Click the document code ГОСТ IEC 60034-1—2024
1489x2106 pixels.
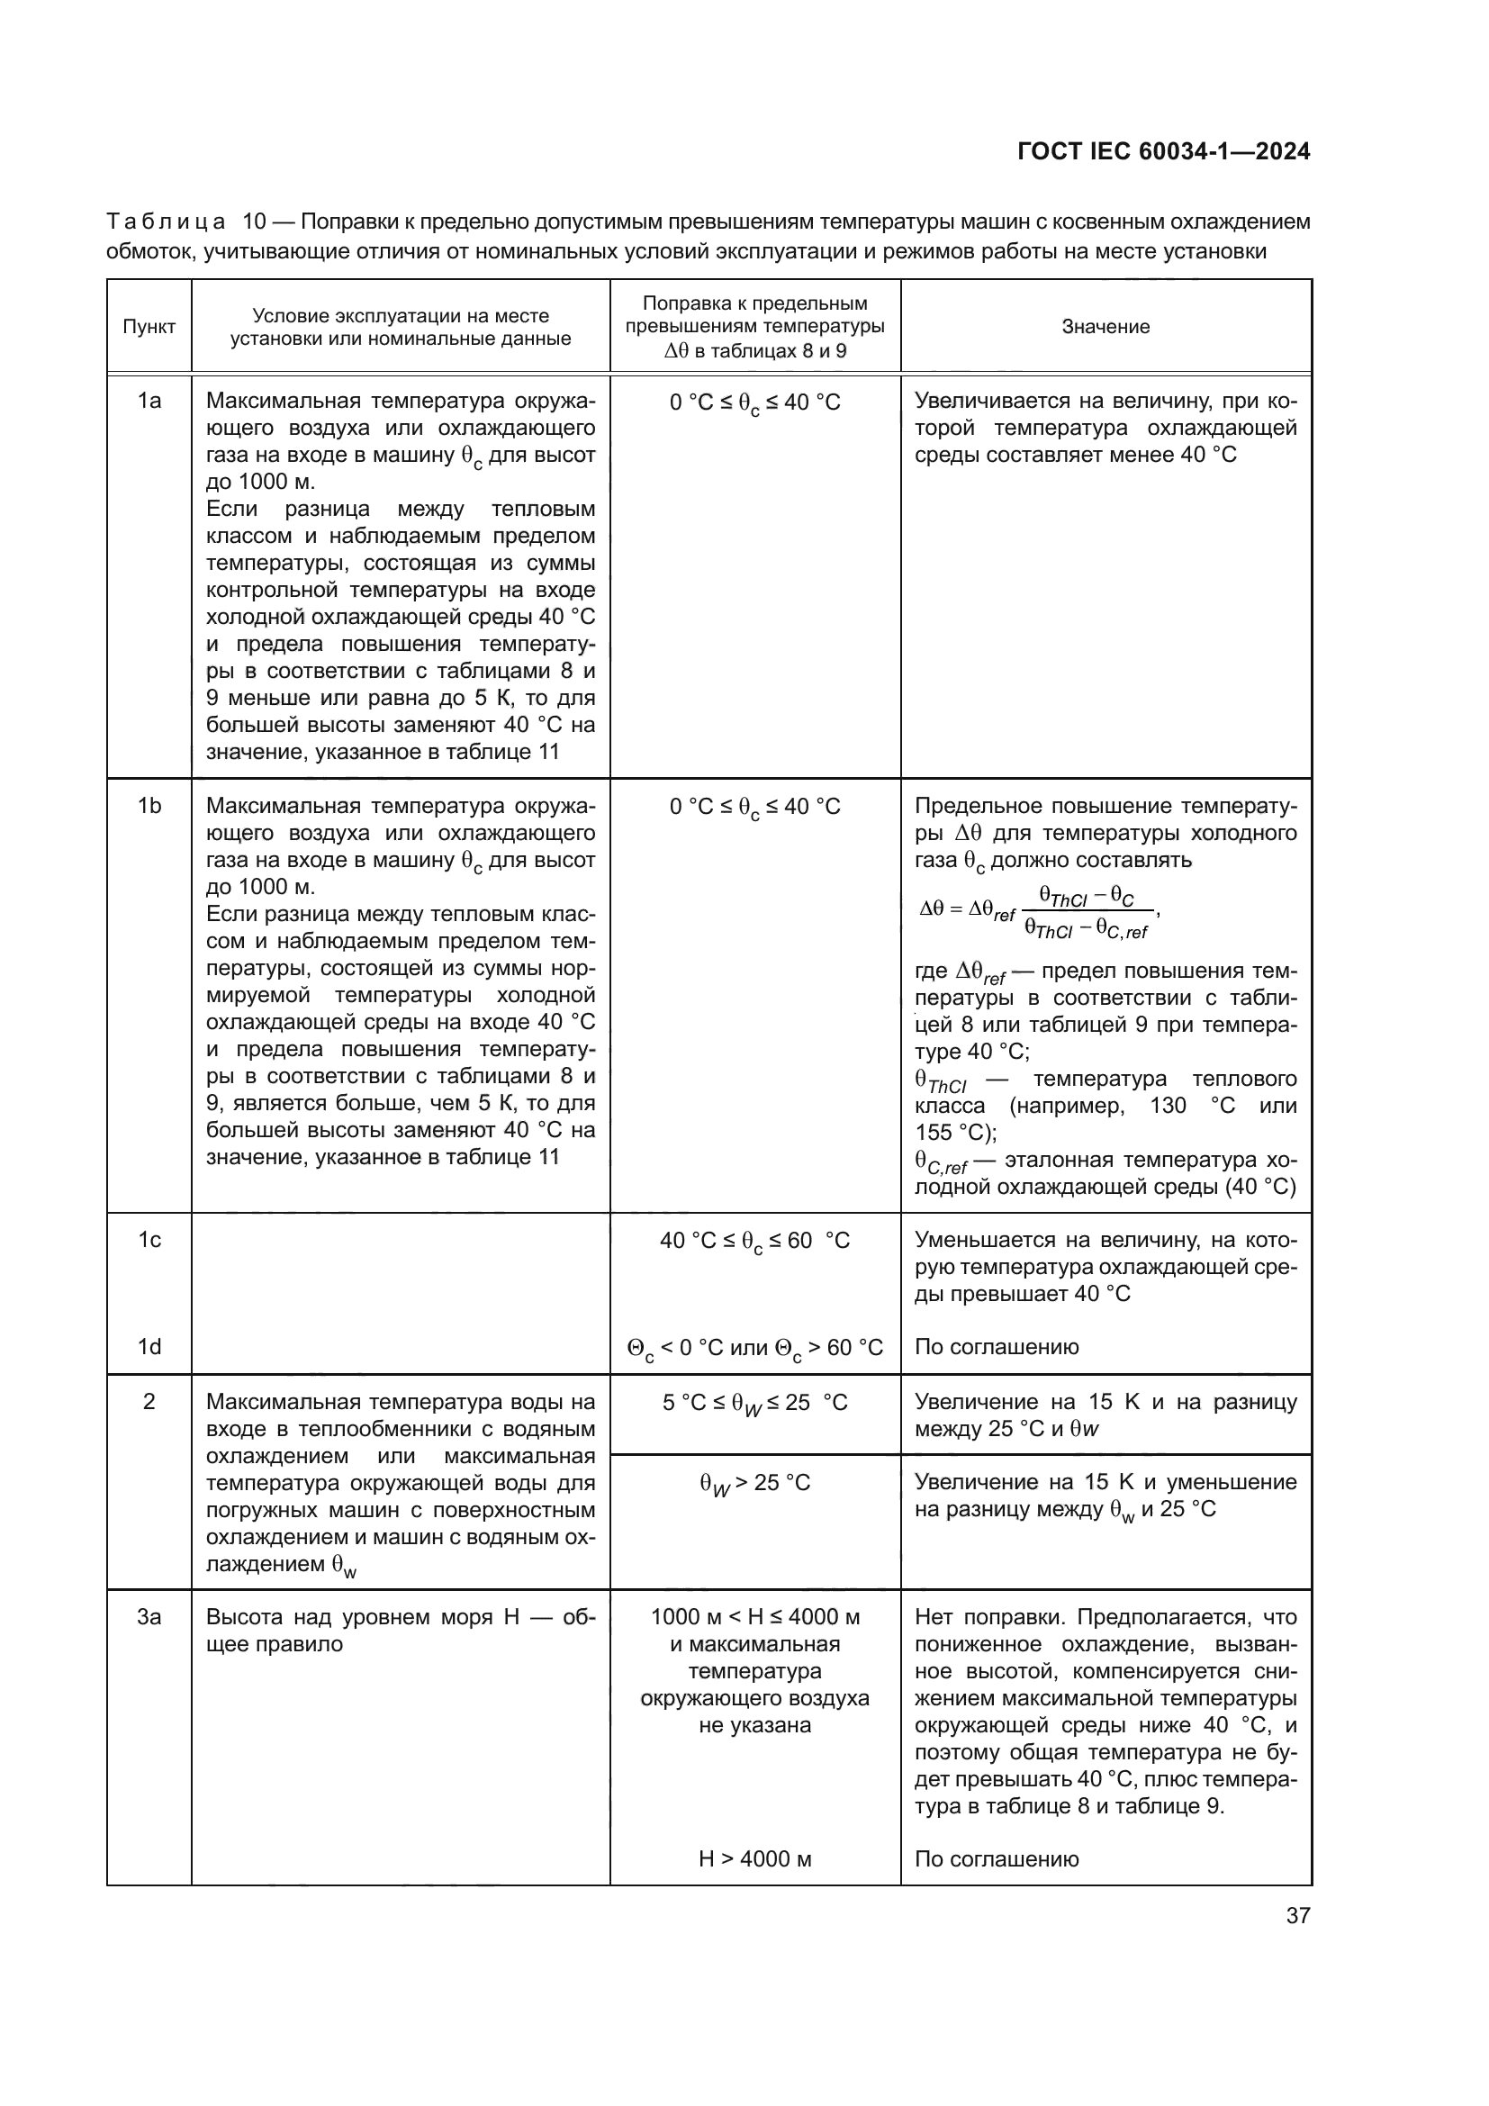(1162, 151)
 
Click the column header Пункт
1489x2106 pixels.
(149, 327)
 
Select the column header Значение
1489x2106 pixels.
(1105, 327)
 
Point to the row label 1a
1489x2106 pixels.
(149, 401)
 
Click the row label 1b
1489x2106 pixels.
(149, 805)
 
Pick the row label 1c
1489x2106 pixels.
(149, 1240)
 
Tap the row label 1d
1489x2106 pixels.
(149, 1346)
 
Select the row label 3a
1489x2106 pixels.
(149, 1616)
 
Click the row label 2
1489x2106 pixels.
(149, 1401)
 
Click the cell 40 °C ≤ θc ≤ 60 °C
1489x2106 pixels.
(754, 1241)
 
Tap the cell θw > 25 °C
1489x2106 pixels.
(754, 1483)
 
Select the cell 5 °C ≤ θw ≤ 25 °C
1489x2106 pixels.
(754, 1403)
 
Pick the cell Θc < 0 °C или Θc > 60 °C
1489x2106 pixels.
(754, 1348)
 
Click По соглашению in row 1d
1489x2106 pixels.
(997, 1346)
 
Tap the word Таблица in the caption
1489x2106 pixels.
(166, 222)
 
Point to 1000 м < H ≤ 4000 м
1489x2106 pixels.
(754, 1616)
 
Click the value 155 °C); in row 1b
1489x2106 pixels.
(955, 1132)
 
